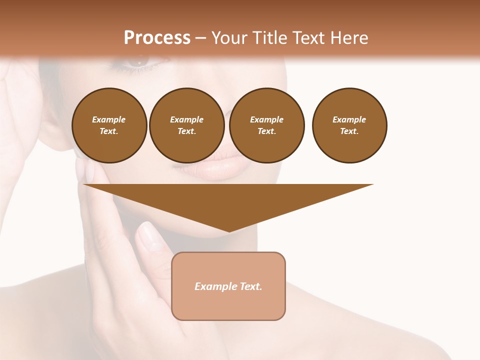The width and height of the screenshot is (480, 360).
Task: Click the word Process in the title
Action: pos(157,38)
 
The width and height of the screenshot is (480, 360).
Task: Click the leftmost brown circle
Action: pos(109,125)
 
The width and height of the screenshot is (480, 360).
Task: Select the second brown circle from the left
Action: pos(187,125)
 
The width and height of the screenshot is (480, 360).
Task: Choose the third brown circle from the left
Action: pos(267,125)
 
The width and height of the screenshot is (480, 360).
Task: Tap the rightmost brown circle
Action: pos(349,125)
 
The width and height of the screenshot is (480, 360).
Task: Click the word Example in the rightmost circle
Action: pos(349,119)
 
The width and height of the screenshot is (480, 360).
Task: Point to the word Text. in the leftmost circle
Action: pos(109,131)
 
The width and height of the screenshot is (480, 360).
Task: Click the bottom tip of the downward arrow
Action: pos(228,231)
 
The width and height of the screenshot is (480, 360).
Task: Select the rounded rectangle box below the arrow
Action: pos(228,286)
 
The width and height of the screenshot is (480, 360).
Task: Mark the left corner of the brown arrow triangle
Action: pos(84,185)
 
